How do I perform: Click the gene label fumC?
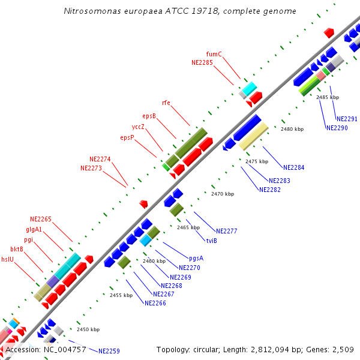214,54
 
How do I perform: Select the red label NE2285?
202,62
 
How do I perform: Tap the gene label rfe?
166,103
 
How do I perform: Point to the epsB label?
149,116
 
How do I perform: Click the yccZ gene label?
138,127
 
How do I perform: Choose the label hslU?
8,260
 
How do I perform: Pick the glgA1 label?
34,229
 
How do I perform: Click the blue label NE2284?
293,167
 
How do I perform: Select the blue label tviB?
211,241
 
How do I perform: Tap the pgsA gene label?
196,258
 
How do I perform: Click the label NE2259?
109,351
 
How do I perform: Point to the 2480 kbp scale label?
292,129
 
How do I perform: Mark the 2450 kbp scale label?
88,329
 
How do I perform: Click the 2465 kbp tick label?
188,227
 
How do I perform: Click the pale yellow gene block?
253,136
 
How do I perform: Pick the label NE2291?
347,119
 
